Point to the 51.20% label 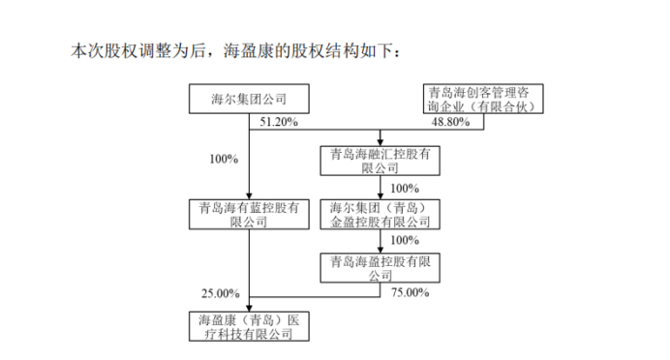(280, 123)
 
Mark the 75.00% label (410, 292)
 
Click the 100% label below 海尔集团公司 (223, 158)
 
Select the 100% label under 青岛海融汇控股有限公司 (405, 187)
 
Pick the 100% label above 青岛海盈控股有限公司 (405, 240)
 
